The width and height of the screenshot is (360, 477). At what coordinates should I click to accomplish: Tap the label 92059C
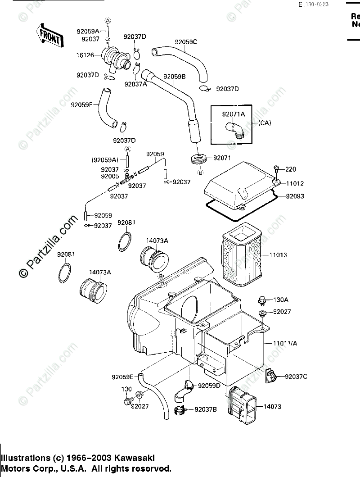pyautogui.click(x=186, y=42)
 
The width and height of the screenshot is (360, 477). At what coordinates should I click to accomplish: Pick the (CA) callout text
pyautogui.click(x=264, y=123)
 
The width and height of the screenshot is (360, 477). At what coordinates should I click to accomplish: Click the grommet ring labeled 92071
pyautogui.click(x=199, y=159)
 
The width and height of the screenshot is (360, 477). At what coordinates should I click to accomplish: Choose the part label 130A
pyautogui.click(x=281, y=300)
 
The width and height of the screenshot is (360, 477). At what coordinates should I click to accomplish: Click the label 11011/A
pyautogui.click(x=285, y=343)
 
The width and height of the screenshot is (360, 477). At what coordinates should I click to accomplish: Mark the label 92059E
pyautogui.click(x=122, y=377)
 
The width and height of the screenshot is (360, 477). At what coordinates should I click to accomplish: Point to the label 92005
pyautogui.click(x=110, y=177)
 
